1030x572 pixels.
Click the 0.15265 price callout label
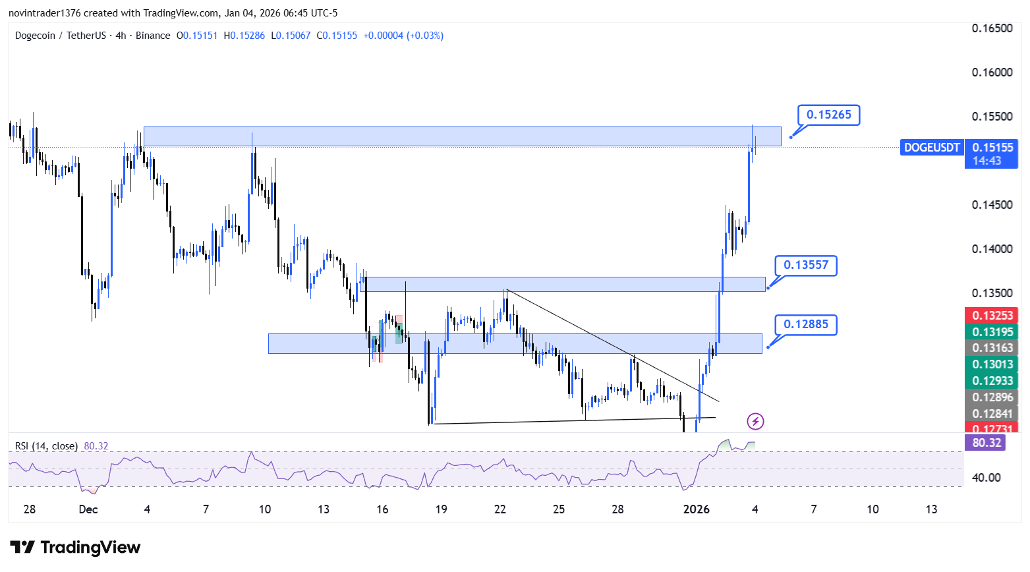(828, 115)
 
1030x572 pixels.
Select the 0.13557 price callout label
(805, 265)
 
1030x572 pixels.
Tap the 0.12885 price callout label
(805, 325)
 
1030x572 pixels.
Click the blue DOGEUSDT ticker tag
(932, 148)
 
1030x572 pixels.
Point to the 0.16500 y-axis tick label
(992, 28)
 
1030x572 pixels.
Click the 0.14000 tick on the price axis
(992, 249)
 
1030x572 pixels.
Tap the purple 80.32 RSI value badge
(986, 443)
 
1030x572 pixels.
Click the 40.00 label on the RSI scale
(987, 478)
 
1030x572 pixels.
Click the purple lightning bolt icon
(755, 421)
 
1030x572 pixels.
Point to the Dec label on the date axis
(88, 509)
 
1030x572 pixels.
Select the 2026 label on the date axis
(696, 509)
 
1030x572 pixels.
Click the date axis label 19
(441, 509)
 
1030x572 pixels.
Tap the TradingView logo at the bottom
(75, 548)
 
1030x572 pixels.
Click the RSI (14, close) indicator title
(46, 446)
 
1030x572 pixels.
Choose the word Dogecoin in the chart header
(35, 36)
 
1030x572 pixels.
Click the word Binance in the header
(153, 36)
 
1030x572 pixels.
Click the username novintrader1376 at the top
(44, 13)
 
